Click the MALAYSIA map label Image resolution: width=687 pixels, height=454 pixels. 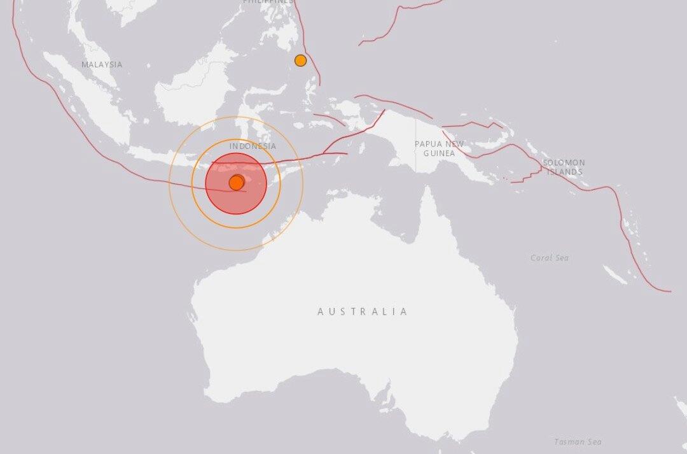pyautogui.click(x=102, y=64)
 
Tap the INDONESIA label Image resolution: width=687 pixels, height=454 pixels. pyautogui.click(x=253, y=146)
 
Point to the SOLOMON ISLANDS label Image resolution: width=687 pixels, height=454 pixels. pyautogui.click(x=564, y=167)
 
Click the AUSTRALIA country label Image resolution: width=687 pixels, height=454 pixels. pyautogui.click(x=363, y=311)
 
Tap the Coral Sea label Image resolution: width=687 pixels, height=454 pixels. pyautogui.click(x=550, y=258)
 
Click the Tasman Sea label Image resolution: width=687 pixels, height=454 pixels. pyautogui.click(x=578, y=441)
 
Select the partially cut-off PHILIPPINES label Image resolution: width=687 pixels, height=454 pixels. pyautogui.click(x=268, y=2)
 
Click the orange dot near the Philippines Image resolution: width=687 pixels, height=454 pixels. pyautogui.click(x=300, y=60)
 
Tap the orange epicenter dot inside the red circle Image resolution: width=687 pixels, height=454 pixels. pyautogui.click(x=236, y=183)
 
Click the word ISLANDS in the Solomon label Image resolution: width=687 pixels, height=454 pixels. pyautogui.click(x=564, y=172)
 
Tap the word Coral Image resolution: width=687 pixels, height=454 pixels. pyautogui.click(x=541, y=258)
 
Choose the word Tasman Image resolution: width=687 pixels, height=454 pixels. pyautogui.click(x=569, y=441)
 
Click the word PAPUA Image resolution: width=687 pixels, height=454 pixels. pyautogui.click(x=427, y=144)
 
